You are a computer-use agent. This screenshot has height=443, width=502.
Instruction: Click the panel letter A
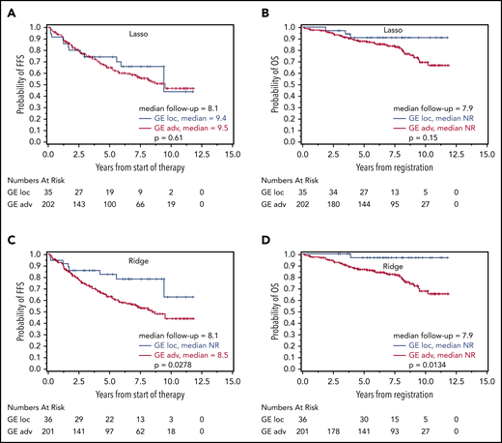pyautogui.click(x=7, y=9)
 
